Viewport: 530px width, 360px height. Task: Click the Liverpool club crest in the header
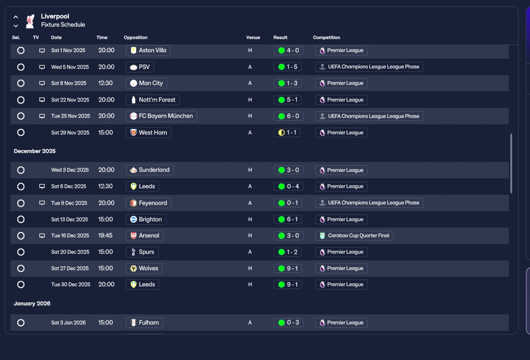(x=30, y=21)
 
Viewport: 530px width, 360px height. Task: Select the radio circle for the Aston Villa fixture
(x=21, y=51)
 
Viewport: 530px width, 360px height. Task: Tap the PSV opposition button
(x=140, y=67)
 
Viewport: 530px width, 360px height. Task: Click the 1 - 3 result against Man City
(x=288, y=83)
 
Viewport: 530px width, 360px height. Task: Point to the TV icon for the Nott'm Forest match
(x=42, y=100)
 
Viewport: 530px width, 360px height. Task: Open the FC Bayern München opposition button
(x=161, y=116)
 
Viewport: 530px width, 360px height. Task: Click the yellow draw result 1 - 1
(x=287, y=133)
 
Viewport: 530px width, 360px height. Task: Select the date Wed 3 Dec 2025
(x=70, y=170)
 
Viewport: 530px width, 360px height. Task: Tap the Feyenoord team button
(x=149, y=203)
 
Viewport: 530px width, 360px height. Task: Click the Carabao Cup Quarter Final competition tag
(x=354, y=235)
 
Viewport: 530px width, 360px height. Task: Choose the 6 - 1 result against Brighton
(x=288, y=219)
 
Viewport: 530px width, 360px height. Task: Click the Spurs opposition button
(x=142, y=252)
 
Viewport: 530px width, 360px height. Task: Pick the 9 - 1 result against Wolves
(x=288, y=268)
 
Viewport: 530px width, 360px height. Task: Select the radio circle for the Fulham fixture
(x=21, y=323)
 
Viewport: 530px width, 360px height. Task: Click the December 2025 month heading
(x=35, y=151)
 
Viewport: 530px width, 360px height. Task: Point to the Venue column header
(x=253, y=37)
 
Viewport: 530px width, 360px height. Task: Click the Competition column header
(x=327, y=37)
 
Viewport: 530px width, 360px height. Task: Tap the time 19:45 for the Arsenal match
(x=105, y=235)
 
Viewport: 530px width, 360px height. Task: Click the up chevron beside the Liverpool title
(x=16, y=17)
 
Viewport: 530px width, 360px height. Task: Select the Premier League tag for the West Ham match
(x=341, y=133)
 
